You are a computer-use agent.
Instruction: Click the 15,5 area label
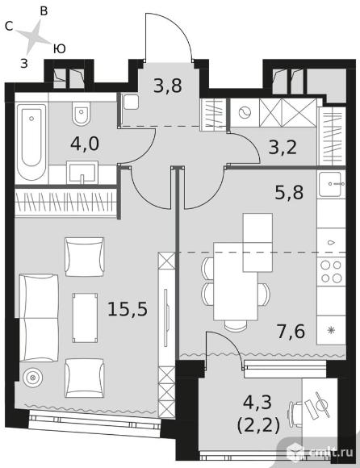pyautogui.click(x=128, y=309)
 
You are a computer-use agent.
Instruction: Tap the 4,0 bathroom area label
pyautogui.click(x=85, y=144)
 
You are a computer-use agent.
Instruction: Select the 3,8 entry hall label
pyautogui.click(x=167, y=86)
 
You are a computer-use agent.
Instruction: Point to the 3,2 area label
pyautogui.click(x=283, y=147)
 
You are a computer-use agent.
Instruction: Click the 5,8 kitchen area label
pyautogui.click(x=289, y=193)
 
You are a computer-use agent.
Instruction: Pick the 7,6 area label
pyautogui.click(x=291, y=332)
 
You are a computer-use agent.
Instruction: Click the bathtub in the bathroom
pyautogui.click(x=31, y=142)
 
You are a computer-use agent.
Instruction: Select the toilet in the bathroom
pyautogui.click(x=82, y=114)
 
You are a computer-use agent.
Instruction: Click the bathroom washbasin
pyautogui.click(x=82, y=173)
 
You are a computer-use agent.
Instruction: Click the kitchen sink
pyautogui.click(x=331, y=184)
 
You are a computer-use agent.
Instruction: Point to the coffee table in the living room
pyautogui.click(x=85, y=318)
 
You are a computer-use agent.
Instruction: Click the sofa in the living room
pyautogui.click(x=39, y=318)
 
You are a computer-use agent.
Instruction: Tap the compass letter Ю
pyautogui.click(x=60, y=48)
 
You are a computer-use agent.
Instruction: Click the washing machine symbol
pyautogui.click(x=245, y=113)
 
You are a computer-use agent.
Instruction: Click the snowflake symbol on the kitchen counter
pyautogui.click(x=331, y=330)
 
